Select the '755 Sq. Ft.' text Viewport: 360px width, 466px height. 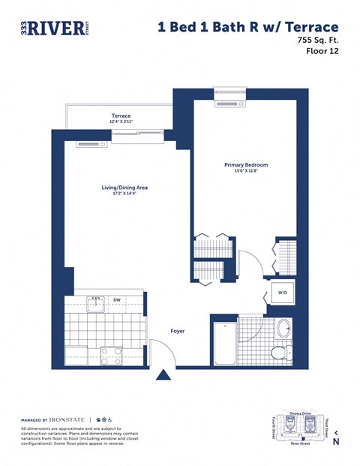[313, 41]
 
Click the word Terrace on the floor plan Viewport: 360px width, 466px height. [121, 116]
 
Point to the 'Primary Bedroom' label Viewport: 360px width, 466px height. [245, 165]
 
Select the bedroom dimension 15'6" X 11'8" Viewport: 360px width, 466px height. [245, 172]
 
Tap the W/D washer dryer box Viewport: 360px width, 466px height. [283, 292]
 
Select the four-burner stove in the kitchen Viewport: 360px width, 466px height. [112, 354]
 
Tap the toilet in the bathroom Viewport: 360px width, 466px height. [280, 353]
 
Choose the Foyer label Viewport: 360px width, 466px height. [177, 330]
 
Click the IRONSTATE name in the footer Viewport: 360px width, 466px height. [67, 419]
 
